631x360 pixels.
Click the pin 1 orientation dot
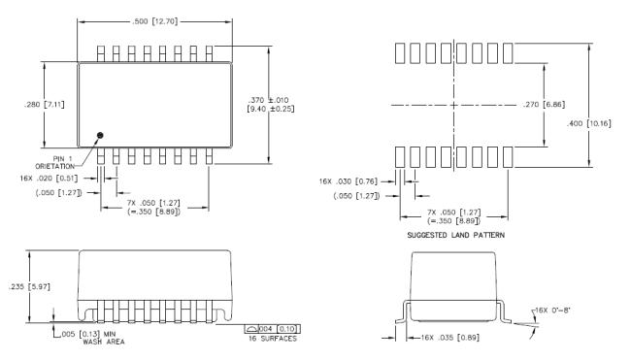[100, 136]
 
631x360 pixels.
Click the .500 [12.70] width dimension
[154, 21]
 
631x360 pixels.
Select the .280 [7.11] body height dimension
[44, 105]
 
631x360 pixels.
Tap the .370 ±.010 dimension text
[268, 100]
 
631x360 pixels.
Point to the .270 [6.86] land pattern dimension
[544, 105]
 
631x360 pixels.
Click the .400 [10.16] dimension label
[588, 123]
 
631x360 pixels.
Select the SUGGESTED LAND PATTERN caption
[455, 235]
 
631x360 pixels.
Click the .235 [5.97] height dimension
[29, 287]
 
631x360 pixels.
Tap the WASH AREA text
[104, 342]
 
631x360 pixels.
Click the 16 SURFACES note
[273, 339]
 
